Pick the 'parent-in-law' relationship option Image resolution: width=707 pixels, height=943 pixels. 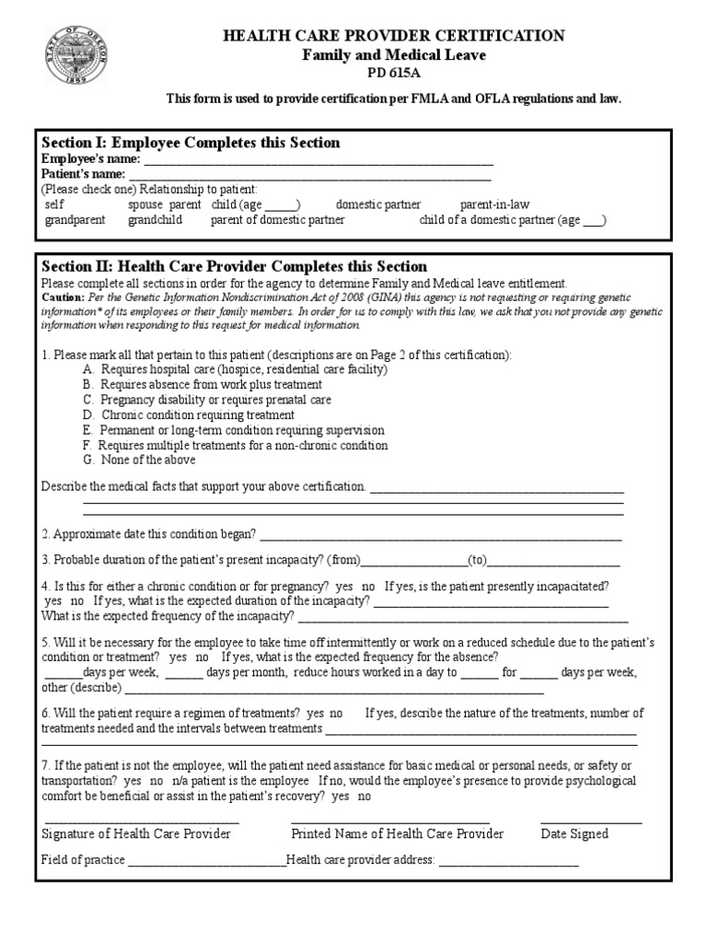(x=494, y=204)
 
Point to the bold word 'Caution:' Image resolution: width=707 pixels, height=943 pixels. (x=63, y=298)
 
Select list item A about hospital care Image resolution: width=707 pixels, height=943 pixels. (x=235, y=369)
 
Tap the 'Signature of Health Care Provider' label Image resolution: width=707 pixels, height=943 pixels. (x=136, y=834)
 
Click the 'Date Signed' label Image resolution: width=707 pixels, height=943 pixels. (x=574, y=834)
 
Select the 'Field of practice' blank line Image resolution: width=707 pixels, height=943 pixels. (x=207, y=863)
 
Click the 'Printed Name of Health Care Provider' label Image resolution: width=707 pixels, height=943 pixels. (x=397, y=834)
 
